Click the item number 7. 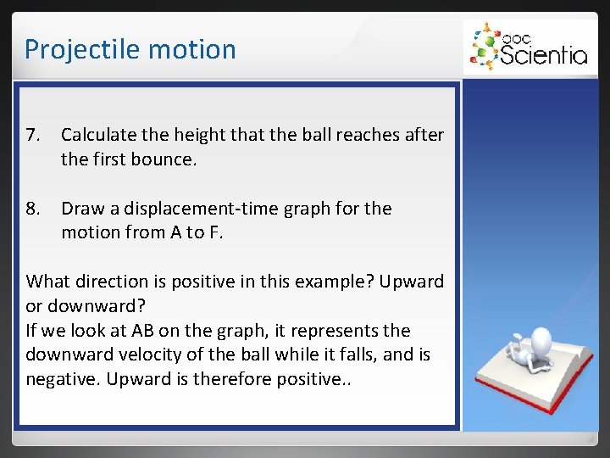pos(33,136)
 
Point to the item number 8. pos(33,209)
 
